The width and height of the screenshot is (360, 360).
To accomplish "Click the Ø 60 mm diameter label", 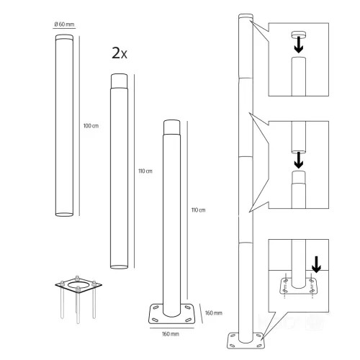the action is pos(64,24).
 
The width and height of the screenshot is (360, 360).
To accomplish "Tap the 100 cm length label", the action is pos(91,126).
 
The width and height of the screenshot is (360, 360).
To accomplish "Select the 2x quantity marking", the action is pos(120,53).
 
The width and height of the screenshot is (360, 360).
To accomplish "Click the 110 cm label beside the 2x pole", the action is pos(145,171).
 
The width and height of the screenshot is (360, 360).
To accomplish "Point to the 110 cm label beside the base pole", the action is pos(198,210).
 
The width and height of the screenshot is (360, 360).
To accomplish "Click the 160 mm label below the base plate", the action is pos(171,334).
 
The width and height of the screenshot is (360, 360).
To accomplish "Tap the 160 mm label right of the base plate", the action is pos(214,313).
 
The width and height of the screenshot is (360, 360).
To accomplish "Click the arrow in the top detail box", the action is pos(299,45).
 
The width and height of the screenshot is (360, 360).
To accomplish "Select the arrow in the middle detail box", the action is pos(299,160).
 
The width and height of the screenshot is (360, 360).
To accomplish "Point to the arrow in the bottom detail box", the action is pos(316,264).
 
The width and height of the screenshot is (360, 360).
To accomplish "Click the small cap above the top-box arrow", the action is pos(299,35).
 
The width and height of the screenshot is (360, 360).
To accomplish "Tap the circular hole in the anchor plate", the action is pos(78,285).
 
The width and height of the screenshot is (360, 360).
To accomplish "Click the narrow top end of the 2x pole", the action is pos(119,81).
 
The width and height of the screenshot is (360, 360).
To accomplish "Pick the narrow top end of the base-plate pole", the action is pos(171,127).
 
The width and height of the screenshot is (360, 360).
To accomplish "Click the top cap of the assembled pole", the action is pos(246,17).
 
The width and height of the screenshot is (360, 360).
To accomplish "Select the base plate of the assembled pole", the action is pos(246,341).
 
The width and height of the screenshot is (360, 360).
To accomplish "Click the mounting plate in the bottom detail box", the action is pos(299,286).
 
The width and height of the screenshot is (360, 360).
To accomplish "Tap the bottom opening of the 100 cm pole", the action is pos(64,214).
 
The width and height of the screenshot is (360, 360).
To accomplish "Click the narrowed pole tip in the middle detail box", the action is pos(299,177).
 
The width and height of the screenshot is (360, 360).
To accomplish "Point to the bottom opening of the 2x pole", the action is pos(119,266).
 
